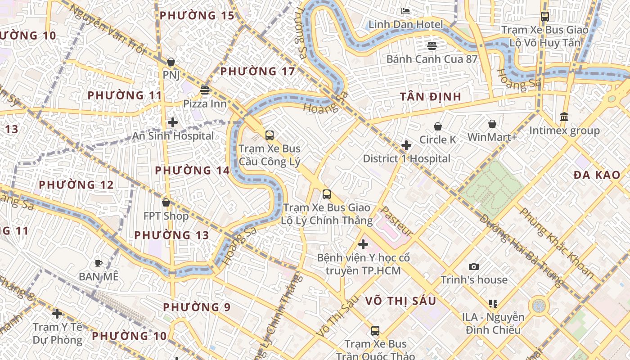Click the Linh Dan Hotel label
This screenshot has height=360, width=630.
[405, 24]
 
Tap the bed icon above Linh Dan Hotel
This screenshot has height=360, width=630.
[405, 11]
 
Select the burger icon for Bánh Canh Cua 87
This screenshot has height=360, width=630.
[432, 45]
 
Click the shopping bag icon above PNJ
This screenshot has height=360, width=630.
[171, 62]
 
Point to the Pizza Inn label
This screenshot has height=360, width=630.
[205, 103]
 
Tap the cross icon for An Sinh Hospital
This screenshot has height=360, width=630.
[173, 122]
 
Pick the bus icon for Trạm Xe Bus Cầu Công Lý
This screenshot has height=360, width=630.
[270, 135]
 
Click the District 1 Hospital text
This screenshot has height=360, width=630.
[406, 158]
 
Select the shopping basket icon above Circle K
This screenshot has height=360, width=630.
[437, 127]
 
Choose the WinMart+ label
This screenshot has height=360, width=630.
[492, 137]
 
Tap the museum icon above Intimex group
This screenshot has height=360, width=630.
[564, 117]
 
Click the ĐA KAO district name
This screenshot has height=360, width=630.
[597, 175]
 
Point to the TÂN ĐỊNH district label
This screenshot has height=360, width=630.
[431, 97]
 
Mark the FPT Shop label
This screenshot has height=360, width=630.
[166, 216]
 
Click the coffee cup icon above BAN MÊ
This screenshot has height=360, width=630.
[99, 263]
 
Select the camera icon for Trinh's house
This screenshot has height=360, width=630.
[474, 267]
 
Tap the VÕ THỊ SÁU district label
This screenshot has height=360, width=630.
[400, 301]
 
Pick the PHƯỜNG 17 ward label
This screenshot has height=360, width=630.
[257, 71]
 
